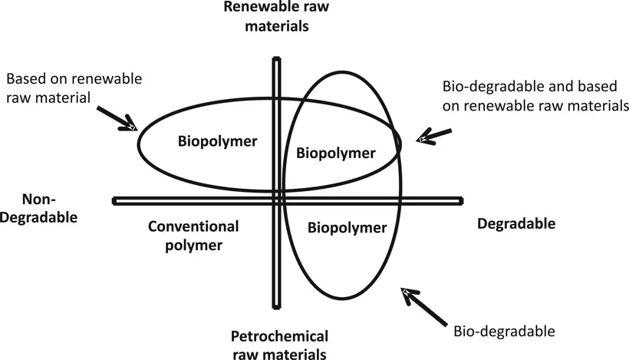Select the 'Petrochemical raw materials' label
point(280,345)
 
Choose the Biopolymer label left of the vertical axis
point(217,141)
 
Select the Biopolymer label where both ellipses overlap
point(336,153)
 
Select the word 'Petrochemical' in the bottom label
point(280,336)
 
